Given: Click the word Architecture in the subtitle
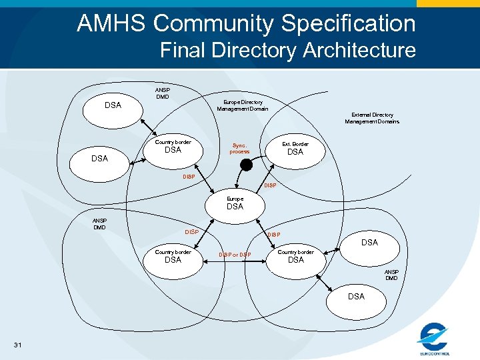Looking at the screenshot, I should coord(359,50).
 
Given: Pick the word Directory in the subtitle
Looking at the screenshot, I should coord(261,50).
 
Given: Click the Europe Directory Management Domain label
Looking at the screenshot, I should coord(243,105).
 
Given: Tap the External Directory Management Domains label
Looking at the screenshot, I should coord(372,118).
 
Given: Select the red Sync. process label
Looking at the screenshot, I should coord(239,148).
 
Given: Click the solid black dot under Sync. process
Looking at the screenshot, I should coord(245,165).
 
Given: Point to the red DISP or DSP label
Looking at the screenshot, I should coord(235,255).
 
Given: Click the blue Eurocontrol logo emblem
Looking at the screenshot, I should coord(434,334).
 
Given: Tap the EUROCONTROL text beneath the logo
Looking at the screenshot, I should coord(435,353).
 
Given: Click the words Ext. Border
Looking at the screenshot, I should coord(295,143).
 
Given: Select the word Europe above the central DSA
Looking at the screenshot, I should coord(235,199).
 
